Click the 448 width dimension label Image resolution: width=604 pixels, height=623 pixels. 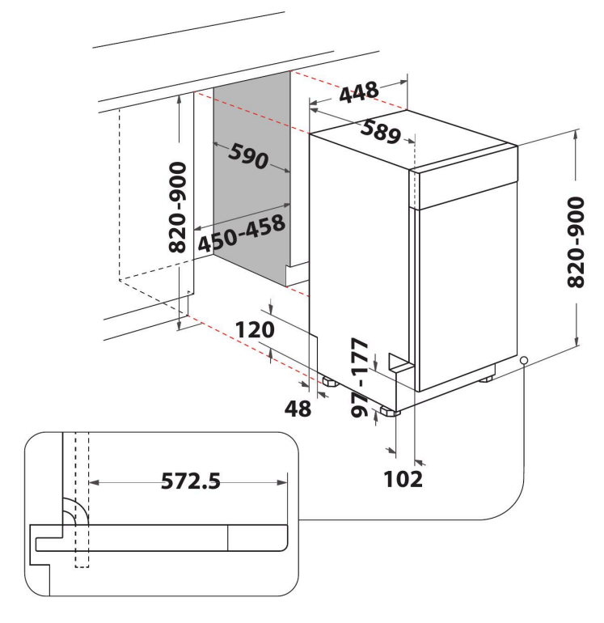[359, 92]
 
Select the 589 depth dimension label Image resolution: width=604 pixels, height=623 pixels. [380, 132]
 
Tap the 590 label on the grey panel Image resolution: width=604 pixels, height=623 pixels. [248, 156]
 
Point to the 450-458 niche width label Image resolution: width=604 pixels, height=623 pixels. [242, 234]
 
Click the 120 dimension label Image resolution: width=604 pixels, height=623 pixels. [255, 330]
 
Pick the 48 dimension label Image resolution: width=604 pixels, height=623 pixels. [298, 408]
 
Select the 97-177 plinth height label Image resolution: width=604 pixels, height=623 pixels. [361, 377]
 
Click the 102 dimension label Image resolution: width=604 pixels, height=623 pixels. [403, 479]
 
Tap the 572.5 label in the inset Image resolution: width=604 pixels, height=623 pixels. [191, 481]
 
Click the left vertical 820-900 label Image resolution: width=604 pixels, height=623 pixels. [178, 207]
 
